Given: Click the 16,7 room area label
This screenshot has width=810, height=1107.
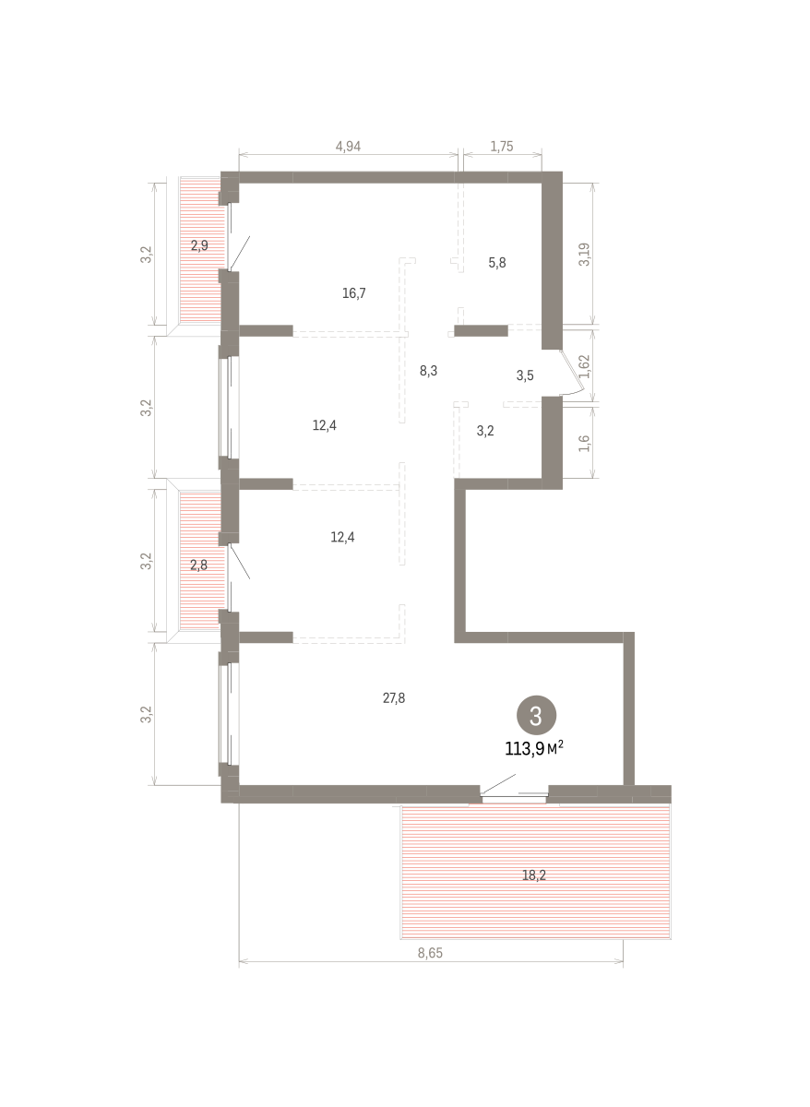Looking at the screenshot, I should point(354,293).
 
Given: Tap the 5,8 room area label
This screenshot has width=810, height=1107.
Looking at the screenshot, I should point(497,262).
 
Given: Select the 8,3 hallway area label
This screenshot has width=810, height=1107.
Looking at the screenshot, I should point(428,371).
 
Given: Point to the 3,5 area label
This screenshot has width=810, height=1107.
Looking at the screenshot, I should point(525,375).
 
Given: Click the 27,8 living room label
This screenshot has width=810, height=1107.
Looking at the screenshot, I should point(394,698).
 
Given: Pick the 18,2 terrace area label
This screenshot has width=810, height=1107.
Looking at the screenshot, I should point(534,875).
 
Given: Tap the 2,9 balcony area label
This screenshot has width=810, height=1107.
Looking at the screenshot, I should point(199,245).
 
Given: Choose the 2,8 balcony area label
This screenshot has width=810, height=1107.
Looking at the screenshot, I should point(198,565).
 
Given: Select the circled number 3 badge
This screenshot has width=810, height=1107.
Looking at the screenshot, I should point(536,715).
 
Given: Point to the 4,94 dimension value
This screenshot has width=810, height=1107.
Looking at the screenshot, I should point(348,146).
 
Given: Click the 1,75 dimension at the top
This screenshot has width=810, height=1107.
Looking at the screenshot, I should point(502,146).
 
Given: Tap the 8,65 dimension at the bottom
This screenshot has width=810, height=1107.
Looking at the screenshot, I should point(430,954).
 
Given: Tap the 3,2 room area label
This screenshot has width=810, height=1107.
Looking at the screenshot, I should point(485,430).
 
